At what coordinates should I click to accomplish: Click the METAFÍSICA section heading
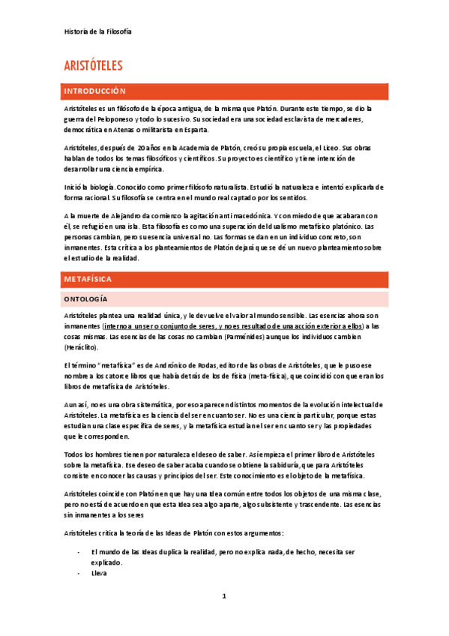88,279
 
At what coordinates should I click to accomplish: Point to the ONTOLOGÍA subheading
86,299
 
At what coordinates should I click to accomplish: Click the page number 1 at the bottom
223,596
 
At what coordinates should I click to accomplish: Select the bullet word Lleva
99,573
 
